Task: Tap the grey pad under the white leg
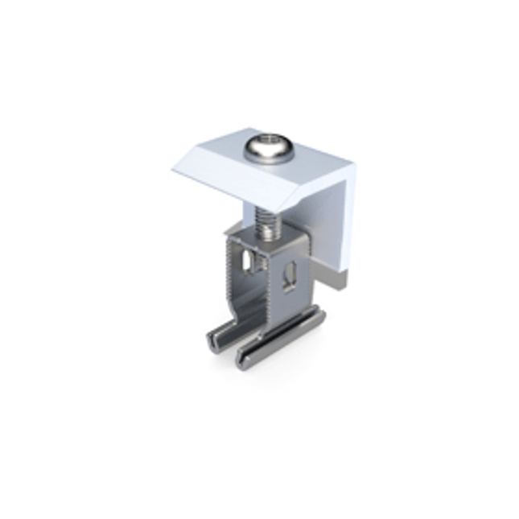point(335,279)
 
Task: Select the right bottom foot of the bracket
point(282,346)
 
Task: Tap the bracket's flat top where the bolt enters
point(270,235)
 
